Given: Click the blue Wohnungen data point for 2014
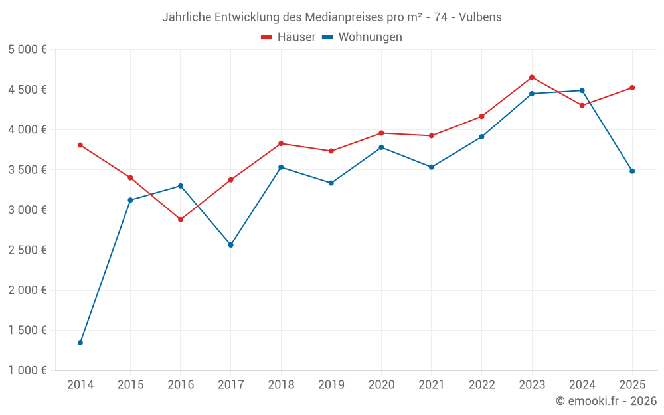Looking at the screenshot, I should pyautogui.click(x=80, y=343).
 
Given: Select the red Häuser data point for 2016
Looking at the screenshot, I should pyautogui.click(x=181, y=219).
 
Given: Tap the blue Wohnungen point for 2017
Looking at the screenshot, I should pyautogui.click(x=230, y=245).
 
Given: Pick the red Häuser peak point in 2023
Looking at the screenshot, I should pyautogui.click(x=532, y=77).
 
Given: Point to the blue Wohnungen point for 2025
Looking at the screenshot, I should pyautogui.click(x=632, y=171).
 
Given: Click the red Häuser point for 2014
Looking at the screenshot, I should pyautogui.click(x=80, y=145).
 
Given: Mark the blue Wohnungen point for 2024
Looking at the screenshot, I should pyautogui.click(x=582, y=90).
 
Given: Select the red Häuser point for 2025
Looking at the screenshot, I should pyautogui.click(x=632, y=88).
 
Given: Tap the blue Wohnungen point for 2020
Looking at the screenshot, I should pyautogui.click(x=381, y=147).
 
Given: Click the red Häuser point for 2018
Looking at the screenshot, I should pyautogui.click(x=281, y=143).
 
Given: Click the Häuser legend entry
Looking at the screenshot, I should pyautogui.click(x=288, y=37).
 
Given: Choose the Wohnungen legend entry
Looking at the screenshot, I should pyautogui.click(x=363, y=37).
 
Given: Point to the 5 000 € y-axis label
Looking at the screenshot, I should pyautogui.click(x=28, y=50).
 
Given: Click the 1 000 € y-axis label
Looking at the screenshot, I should pyautogui.click(x=28, y=371).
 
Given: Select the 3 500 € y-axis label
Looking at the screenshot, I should pyautogui.click(x=28, y=170).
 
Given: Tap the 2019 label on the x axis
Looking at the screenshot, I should pyautogui.click(x=331, y=385).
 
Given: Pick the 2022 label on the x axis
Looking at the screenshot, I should pyautogui.click(x=481, y=385).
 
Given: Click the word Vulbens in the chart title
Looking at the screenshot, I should pyautogui.click(x=481, y=17).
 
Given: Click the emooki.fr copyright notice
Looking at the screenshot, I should pyautogui.click(x=606, y=401).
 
